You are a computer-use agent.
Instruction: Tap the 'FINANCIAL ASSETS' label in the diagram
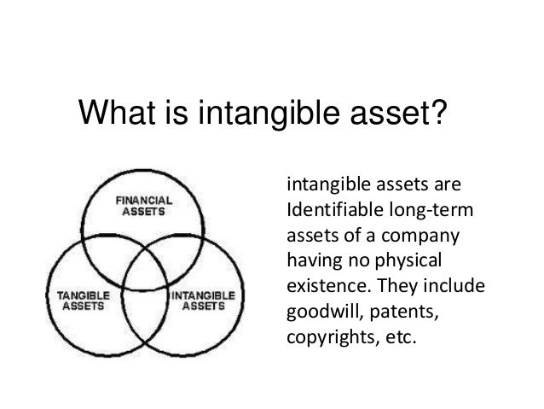144,207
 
